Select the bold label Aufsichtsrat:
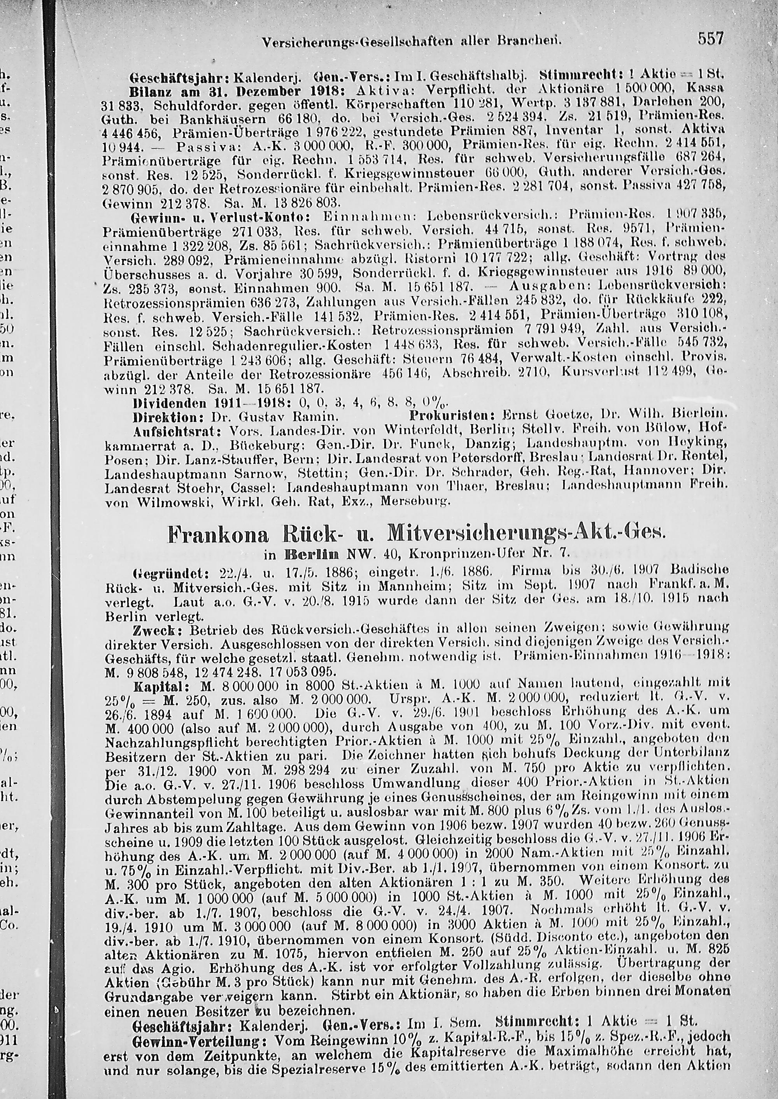coord(177,431)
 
